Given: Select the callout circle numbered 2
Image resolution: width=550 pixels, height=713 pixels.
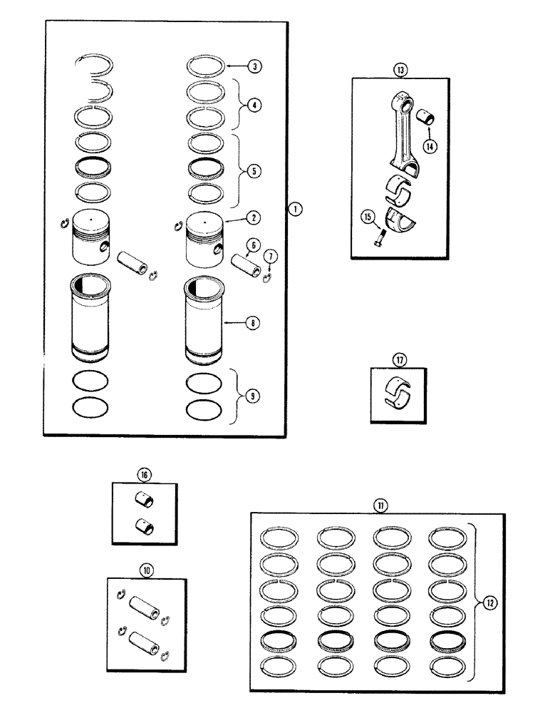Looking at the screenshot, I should click(255, 217).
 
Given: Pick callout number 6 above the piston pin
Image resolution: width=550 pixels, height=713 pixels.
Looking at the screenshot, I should click(251, 245).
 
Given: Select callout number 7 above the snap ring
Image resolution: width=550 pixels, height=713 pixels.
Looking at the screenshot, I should click(270, 256).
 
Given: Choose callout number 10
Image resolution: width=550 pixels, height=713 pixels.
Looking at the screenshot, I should click(147, 570).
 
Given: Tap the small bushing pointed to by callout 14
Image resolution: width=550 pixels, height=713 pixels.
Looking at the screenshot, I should click(428, 116).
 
